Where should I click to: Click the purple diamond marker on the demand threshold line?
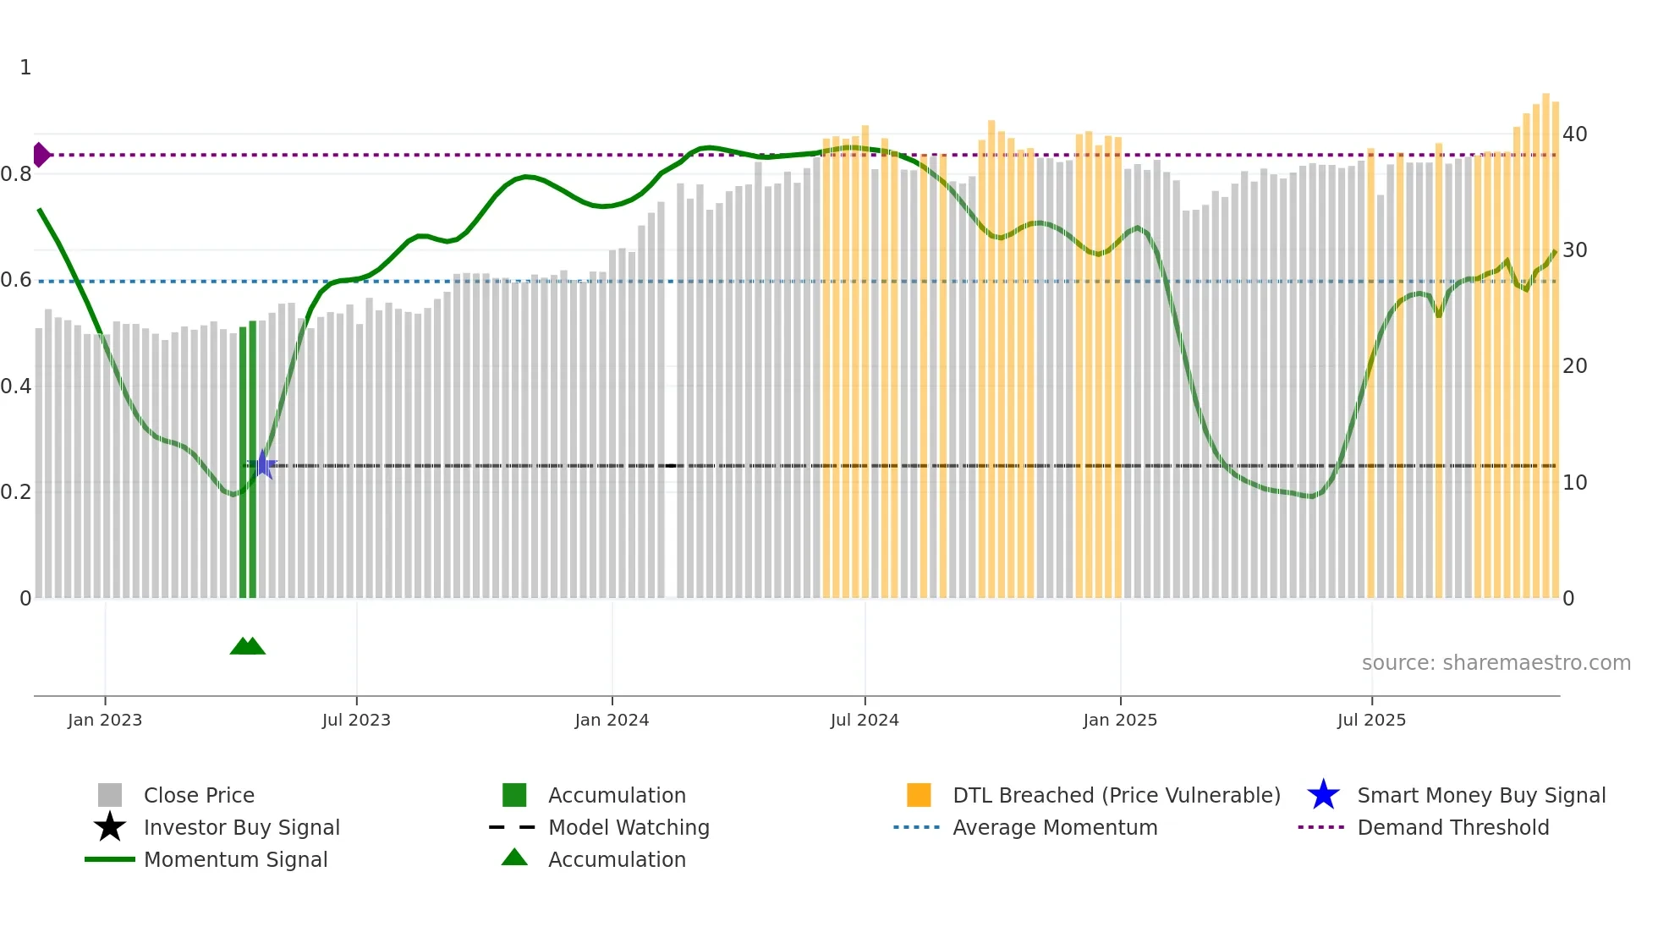(40, 155)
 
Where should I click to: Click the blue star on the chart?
(264, 464)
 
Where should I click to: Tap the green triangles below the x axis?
(247, 646)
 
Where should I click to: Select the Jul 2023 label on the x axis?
(356, 720)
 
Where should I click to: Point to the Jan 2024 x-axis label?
(612, 720)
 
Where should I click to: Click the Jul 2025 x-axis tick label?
(1371, 720)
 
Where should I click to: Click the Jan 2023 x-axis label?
(105, 720)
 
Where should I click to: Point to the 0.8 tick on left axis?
(17, 174)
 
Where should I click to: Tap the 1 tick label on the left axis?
(25, 68)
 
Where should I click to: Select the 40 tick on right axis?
(1574, 134)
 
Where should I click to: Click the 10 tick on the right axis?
(1574, 482)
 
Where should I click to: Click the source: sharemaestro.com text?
(1496, 662)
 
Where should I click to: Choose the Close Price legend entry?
(199, 795)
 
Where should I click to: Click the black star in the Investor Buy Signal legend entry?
(110, 827)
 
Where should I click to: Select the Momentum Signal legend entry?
(235, 859)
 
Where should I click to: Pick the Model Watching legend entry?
(629, 827)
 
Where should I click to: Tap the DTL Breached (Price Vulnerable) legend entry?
(1116, 795)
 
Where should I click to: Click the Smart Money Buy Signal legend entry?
(1481, 795)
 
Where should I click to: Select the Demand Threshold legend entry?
(1452, 827)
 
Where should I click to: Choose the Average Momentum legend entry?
(1055, 827)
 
